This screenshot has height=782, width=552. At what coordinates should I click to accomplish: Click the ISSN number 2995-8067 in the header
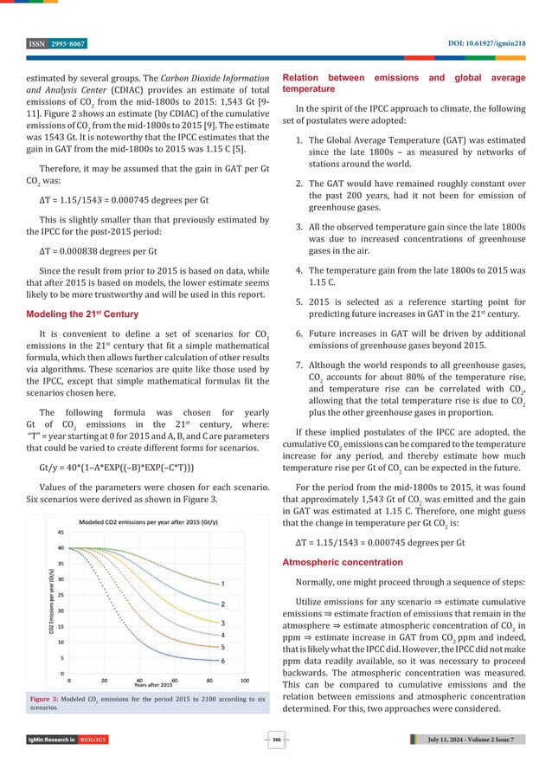point(62,42)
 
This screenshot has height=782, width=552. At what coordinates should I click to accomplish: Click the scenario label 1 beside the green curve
point(222,583)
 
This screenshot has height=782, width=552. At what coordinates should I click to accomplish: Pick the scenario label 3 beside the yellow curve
point(222,622)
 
